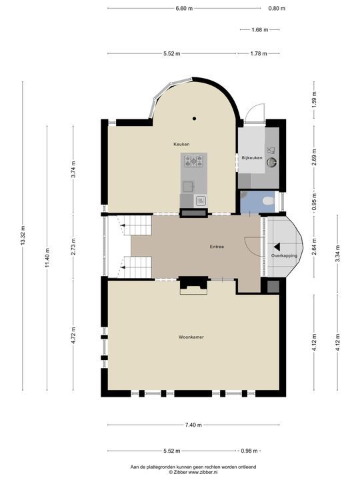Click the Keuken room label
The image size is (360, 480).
click(181, 144)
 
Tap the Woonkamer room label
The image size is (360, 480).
click(191, 337)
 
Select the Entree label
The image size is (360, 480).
click(217, 247)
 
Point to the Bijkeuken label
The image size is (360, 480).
click(252, 158)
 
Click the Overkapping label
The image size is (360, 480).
click(285, 255)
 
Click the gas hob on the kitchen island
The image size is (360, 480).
click(193, 161)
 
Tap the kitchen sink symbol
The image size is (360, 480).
click(201, 201)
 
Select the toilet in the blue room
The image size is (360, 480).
click(268, 201)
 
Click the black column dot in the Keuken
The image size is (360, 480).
click(194, 119)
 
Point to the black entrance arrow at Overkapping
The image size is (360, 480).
click(277, 247)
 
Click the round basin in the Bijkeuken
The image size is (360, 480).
click(271, 162)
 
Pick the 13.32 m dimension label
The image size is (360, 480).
click(23, 235)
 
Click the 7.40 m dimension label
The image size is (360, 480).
click(193, 425)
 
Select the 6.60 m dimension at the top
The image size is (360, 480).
click(184, 9)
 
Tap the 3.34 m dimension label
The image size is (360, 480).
click(337, 254)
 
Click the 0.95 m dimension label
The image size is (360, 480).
click(314, 203)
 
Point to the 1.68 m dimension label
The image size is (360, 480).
click(259, 30)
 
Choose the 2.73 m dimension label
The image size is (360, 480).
click(73, 246)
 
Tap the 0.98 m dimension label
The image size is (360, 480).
click(249, 451)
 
